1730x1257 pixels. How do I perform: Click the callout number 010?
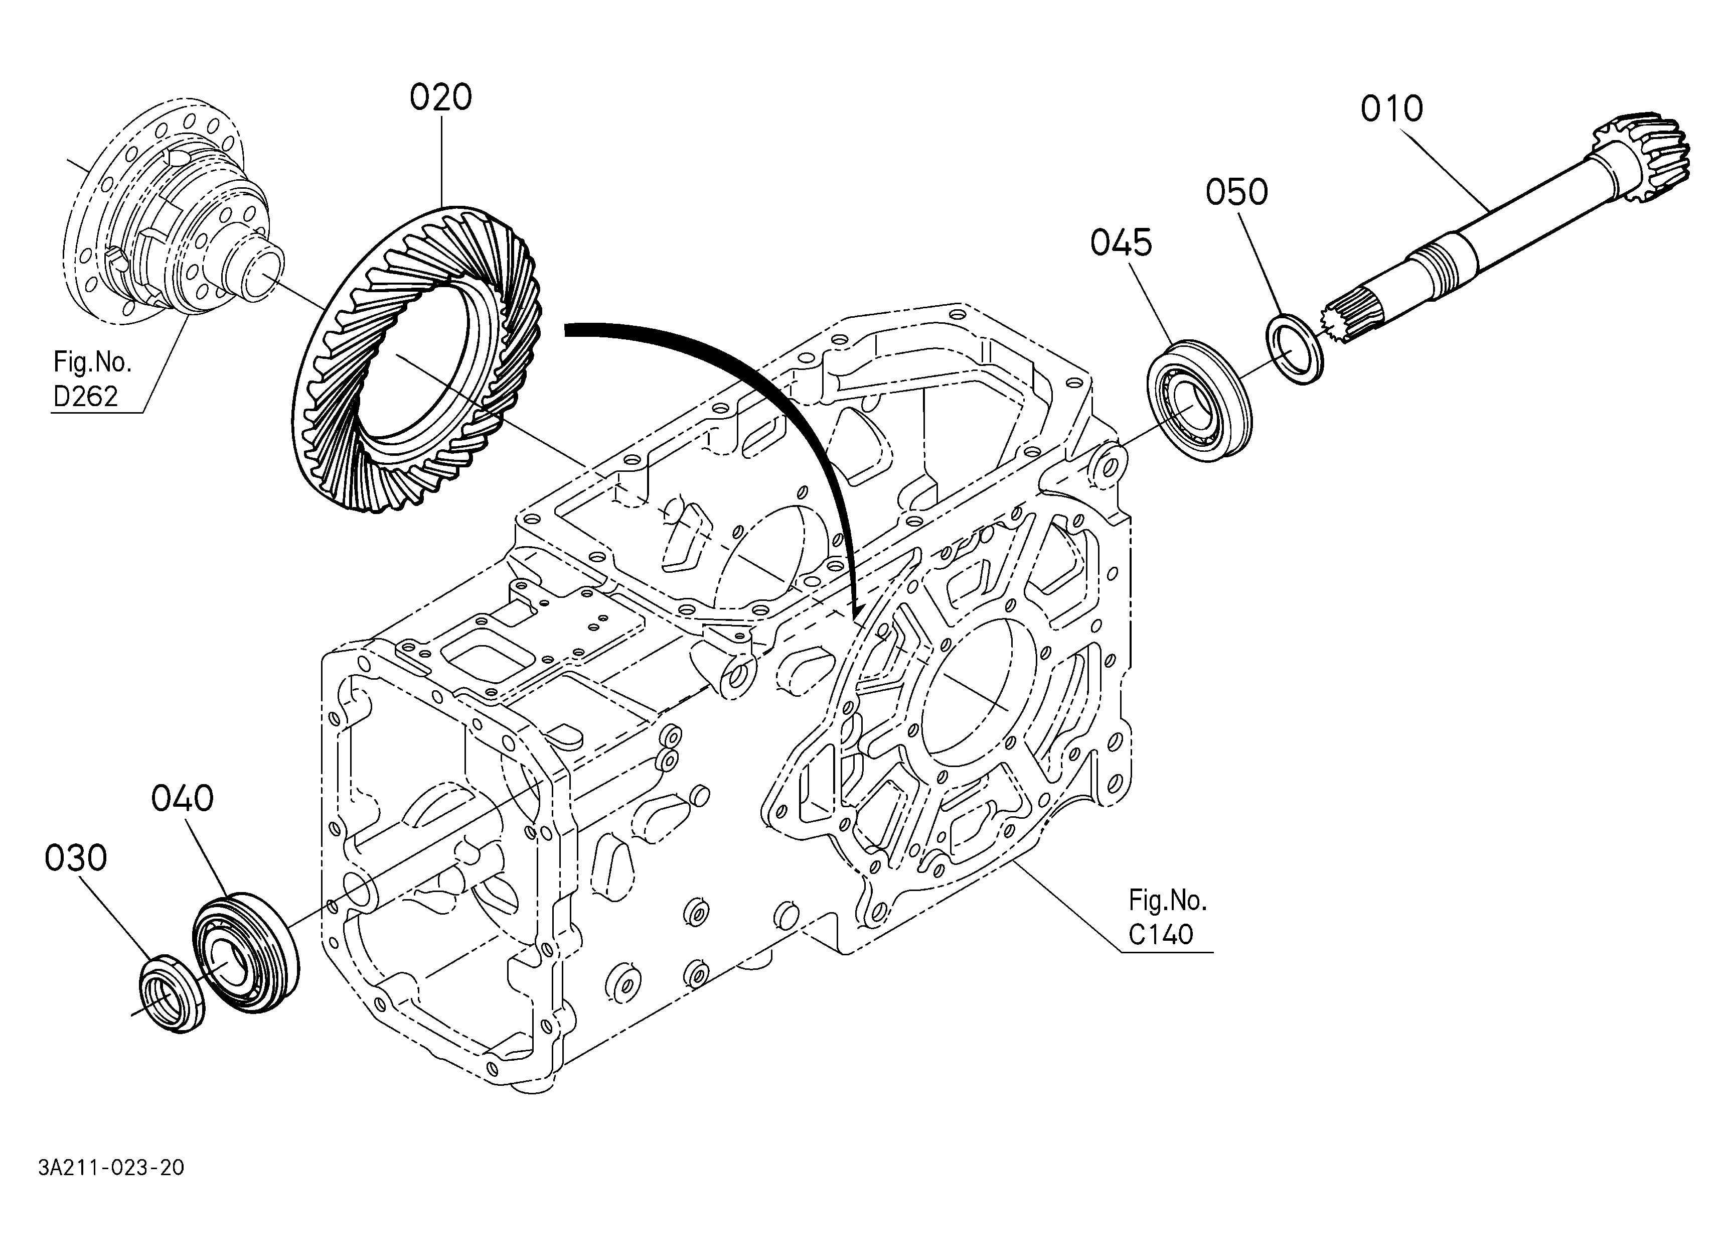click(x=1391, y=109)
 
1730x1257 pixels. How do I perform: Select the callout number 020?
click(x=441, y=98)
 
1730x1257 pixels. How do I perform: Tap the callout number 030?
click(x=76, y=858)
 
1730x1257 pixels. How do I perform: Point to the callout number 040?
click(x=182, y=799)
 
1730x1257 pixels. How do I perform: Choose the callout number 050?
click(x=1236, y=192)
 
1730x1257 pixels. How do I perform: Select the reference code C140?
click(x=1161, y=934)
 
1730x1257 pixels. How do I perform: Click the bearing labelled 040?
click(x=245, y=952)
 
